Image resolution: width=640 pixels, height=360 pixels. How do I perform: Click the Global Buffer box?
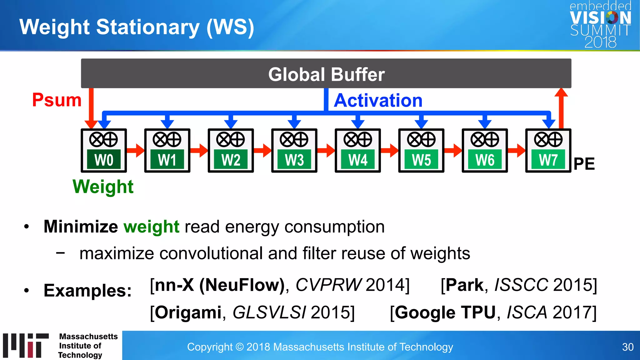click(x=326, y=74)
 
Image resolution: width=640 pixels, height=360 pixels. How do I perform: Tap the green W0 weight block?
click(x=104, y=160)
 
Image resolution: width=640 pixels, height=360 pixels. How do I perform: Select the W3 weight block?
click(x=294, y=160)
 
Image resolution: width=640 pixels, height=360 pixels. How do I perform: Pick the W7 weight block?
click(x=548, y=160)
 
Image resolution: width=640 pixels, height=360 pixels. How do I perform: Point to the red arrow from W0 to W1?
click(x=135, y=150)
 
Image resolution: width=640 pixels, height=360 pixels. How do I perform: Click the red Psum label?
click(x=57, y=100)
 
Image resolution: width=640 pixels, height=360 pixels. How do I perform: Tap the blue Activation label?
click(x=378, y=100)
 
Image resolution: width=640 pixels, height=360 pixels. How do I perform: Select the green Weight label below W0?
click(x=103, y=187)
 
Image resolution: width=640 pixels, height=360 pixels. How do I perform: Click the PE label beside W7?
click(x=584, y=164)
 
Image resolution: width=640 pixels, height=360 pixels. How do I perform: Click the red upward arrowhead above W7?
click(x=561, y=93)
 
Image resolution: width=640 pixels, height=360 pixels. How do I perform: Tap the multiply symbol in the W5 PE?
click(x=414, y=139)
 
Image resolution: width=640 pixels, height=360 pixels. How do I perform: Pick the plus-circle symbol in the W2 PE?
click(x=238, y=139)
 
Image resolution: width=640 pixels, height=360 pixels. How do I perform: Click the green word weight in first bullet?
click(x=151, y=227)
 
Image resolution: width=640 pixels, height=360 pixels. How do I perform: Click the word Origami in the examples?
click(x=187, y=312)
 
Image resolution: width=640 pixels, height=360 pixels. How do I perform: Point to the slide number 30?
click(x=627, y=347)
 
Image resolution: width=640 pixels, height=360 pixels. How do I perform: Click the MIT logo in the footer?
click(x=26, y=345)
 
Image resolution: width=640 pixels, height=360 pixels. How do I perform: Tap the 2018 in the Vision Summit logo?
click(x=600, y=42)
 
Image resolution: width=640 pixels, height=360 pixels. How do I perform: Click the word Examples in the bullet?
click(x=87, y=290)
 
